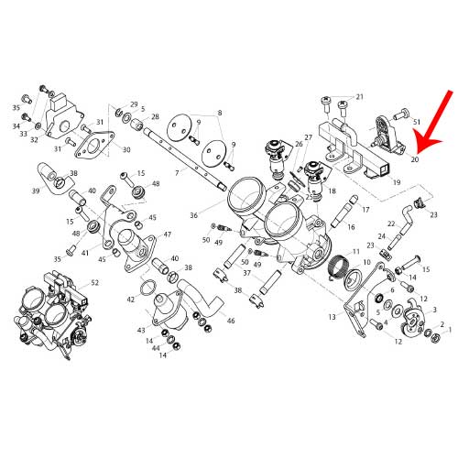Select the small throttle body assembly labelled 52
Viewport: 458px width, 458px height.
pyautogui.click(x=45, y=319)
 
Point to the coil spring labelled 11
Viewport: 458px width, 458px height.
pyautogui.click(x=341, y=267)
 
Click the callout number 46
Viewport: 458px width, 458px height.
pyautogui.click(x=231, y=321)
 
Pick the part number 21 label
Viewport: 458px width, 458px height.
pyautogui.click(x=360, y=96)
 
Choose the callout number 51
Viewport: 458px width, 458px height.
pyautogui.click(x=417, y=121)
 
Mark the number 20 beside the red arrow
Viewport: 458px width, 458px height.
pyautogui.click(x=415, y=159)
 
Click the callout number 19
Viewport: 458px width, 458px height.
pyautogui.click(x=397, y=182)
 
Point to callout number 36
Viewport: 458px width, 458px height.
pyautogui.click(x=194, y=215)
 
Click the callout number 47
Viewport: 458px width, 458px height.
pyautogui.click(x=168, y=234)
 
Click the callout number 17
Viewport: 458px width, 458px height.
pyautogui.click(x=365, y=210)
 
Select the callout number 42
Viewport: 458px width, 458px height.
pyautogui.click(x=131, y=300)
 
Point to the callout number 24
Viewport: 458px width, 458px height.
pyautogui.click(x=382, y=235)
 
